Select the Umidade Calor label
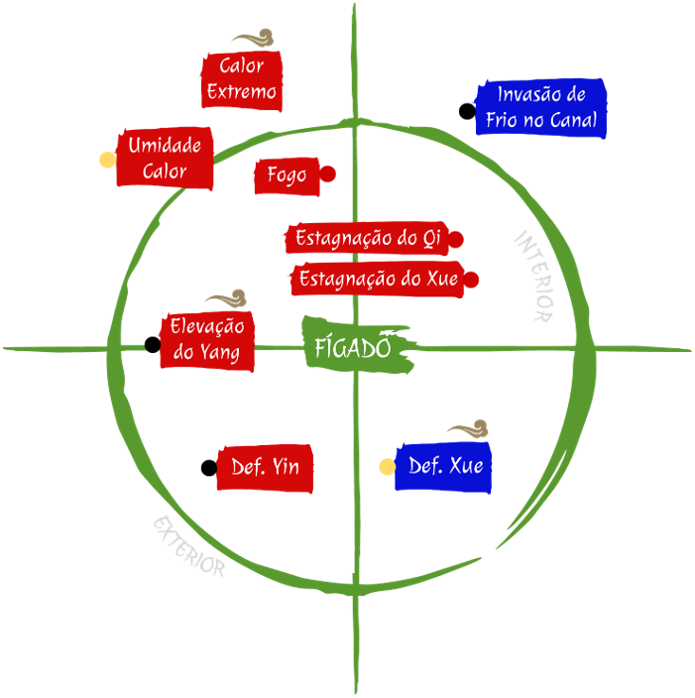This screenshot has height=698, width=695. pyautogui.click(x=165, y=159)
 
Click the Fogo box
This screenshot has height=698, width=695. pyautogui.click(x=286, y=175)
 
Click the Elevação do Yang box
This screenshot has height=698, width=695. pyautogui.click(x=206, y=340)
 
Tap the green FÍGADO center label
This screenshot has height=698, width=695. pyautogui.click(x=351, y=348)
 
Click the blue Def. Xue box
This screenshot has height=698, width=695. pyautogui.click(x=444, y=466)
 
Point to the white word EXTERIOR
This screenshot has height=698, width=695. pyautogui.click(x=188, y=545)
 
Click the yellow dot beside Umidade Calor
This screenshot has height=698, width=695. pyautogui.click(x=106, y=160)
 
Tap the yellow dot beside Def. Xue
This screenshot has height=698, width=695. pyautogui.click(x=388, y=466)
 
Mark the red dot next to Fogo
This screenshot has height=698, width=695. pyautogui.click(x=328, y=174)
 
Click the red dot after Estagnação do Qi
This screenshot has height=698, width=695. pyautogui.click(x=456, y=239)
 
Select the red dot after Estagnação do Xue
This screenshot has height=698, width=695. pyautogui.click(x=471, y=281)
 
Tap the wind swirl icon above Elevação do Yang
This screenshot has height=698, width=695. pyautogui.click(x=226, y=299)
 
